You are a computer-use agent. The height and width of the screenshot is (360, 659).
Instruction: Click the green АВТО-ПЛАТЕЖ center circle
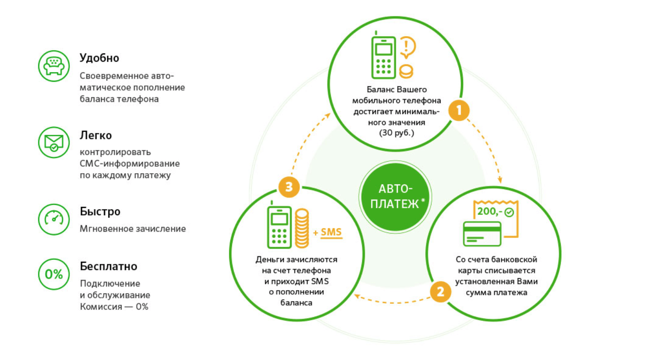393,197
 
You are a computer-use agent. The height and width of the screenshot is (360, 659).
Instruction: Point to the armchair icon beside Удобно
53,66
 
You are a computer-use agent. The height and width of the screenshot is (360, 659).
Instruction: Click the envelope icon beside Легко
53,143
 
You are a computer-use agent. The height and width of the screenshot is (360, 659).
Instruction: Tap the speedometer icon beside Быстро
53,219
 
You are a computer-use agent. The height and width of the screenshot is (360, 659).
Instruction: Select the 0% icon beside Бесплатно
53,274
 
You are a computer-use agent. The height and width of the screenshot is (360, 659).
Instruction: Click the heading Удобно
99,58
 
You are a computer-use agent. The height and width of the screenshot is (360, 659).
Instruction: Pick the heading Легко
96,136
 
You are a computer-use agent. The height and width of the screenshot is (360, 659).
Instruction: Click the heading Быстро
100,212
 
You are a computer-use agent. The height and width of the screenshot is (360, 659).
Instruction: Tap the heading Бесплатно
108,266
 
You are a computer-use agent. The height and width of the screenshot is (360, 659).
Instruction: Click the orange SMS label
331,233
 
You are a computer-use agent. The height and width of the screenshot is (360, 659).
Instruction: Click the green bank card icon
482,234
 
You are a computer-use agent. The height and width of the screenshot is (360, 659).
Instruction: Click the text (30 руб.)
396,132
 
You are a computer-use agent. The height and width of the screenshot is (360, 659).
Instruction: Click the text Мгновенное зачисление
133,229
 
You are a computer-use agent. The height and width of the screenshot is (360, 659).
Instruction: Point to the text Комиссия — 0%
114,307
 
